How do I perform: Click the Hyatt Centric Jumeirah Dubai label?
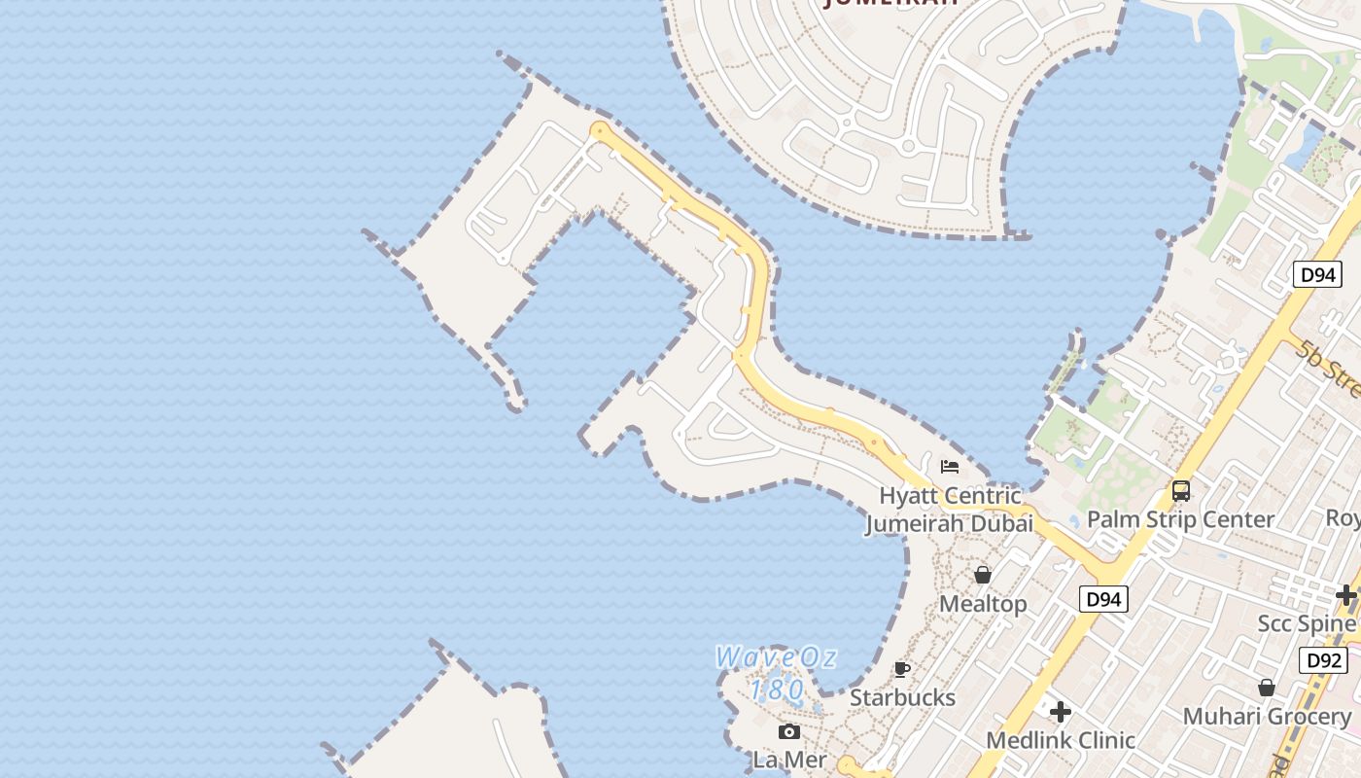(950, 510)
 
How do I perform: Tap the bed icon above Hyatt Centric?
(950, 467)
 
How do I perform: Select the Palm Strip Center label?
(1180, 519)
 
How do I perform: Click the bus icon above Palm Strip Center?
(1181, 491)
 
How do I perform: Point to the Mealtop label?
(983, 604)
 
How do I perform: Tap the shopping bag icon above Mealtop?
(983, 575)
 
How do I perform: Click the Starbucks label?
(902, 697)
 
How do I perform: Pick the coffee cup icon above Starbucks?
(902, 669)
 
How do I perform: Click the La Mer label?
(789, 760)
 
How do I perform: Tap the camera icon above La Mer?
(789, 731)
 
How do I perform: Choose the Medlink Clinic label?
(1061, 740)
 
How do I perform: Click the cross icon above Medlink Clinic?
(1061, 712)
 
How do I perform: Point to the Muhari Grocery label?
(1267, 717)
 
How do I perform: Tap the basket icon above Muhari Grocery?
(1267, 689)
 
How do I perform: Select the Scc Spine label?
(1307, 623)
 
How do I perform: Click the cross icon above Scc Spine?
(1346, 594)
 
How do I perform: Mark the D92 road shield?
(1324, 661)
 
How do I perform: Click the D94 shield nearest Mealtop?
(1103, 599)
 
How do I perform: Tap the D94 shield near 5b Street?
(1317, 275)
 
